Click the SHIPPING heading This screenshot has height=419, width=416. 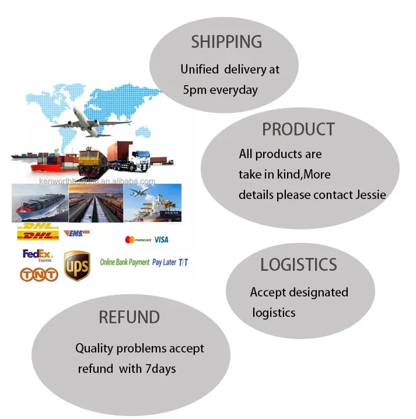click(226, 42)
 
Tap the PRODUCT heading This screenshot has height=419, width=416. click(298, 130)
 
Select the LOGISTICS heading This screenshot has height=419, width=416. click(298, 264)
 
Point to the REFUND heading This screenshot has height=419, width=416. click(129, 317)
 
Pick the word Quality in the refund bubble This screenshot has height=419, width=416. click(95, 348)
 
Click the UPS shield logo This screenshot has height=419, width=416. click(77, 266)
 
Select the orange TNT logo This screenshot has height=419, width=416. click(39, 274)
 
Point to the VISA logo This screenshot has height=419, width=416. click(162, 239)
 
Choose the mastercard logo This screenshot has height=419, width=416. click(138, 240)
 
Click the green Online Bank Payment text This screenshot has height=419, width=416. click(125, 263)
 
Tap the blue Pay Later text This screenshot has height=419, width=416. click(164, 263)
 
